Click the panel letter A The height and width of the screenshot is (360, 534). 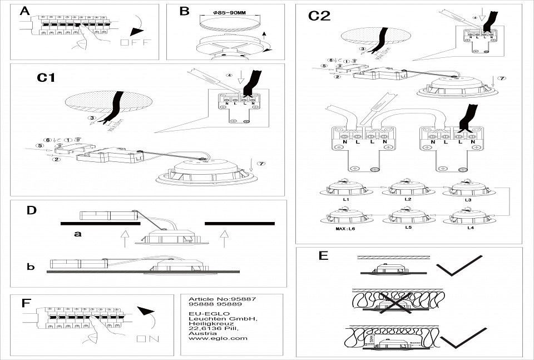pos(24,11)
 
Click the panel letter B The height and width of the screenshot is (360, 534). pos(184,11)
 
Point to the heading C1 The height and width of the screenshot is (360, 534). pos(46,78)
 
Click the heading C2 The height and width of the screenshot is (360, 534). pos(319,16)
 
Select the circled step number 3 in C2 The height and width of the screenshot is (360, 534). pos(363,50)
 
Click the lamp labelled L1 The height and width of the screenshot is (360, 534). pos(345,189)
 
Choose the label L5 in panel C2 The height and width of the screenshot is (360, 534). pos(408,228)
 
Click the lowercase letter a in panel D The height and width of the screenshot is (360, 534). pos(78,234)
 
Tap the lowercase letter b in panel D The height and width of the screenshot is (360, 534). pos(31,267)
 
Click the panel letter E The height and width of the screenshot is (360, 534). pos(323,256)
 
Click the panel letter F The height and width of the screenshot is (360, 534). pos(25,303)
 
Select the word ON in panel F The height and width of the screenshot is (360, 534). pos(147,338)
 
